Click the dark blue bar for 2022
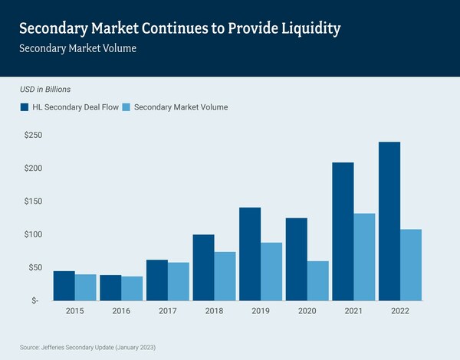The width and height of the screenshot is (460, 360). [x=389, y=221]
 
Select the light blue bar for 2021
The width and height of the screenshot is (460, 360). [x=364, y=257]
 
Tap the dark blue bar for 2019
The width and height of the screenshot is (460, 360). [x=250, y=254]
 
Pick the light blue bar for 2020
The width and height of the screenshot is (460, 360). [x=318, y=280]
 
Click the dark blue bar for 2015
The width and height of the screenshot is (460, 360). [x=64, y=286]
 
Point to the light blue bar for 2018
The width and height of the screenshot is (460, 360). [x=225, y=276]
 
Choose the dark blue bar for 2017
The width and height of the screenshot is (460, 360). [x=156, y=280]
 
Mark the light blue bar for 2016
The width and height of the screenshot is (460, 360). [x=132, y=288]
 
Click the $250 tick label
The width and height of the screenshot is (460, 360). [x=32, y=135]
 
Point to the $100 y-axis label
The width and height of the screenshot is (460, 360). [x=32, y=234]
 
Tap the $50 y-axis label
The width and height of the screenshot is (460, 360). [x=34, y=267]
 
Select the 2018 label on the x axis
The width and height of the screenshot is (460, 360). [x=214, y=312]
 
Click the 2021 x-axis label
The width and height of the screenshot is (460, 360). [x=353, y=312]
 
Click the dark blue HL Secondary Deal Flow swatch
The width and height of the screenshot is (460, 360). [x=25, y=107]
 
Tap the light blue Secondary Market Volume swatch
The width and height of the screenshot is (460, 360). [x=127, y=107]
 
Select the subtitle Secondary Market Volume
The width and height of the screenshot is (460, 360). [x=74, y=48]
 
